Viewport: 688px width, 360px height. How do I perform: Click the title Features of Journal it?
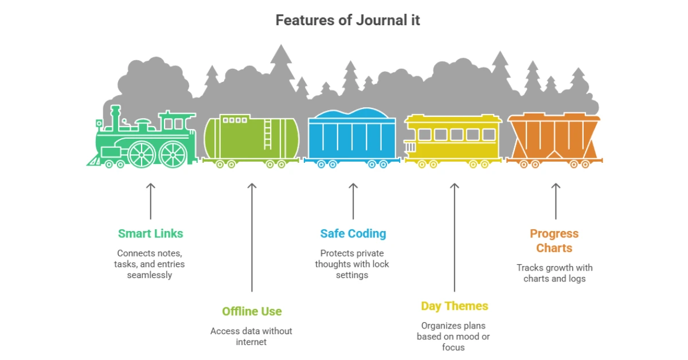[347, 20]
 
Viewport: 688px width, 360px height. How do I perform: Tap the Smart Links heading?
[150, 233]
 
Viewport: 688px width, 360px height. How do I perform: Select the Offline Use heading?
[252, 311]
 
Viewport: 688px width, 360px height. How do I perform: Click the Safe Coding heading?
[353, 233]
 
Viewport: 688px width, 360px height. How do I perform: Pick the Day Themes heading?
[454, 306]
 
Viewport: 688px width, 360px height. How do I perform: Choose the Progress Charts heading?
[554, 241]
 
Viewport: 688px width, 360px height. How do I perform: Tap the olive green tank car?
[251, 139]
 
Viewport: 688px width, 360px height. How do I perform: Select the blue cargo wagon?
[352, 138]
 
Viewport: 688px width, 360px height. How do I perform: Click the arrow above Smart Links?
[150, 201]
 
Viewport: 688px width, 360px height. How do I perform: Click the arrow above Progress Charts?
[555, 201]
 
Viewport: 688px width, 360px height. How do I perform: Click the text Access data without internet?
[251, 336]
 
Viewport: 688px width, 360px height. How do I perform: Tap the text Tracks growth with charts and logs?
[554, 273]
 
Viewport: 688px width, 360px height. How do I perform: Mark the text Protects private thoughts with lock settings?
[352, 264]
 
